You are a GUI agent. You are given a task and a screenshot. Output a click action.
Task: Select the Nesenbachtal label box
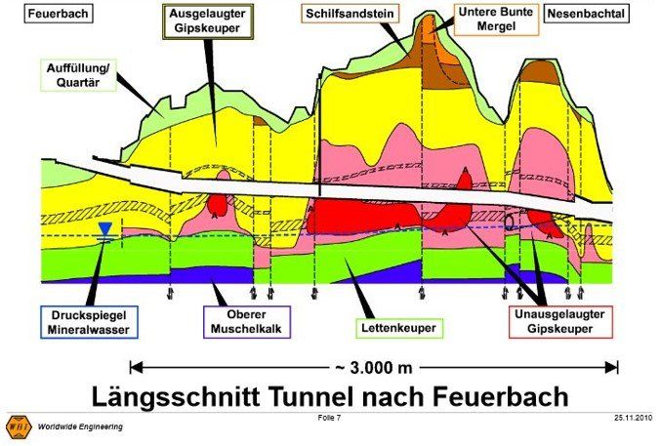click(586, 15)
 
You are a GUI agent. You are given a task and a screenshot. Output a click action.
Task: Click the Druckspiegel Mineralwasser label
click(90, 323)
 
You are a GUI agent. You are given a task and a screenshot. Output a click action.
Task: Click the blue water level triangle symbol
click(104, 230)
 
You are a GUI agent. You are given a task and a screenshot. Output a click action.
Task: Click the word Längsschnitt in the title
click(178, 396)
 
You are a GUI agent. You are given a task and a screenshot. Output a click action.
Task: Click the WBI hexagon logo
click(19, 426)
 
